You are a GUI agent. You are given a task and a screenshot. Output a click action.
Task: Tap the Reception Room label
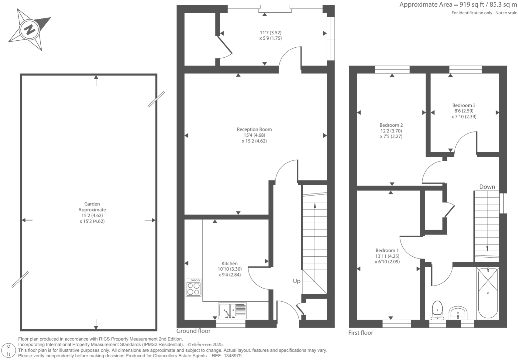pyautogui.click(x=254, y=129)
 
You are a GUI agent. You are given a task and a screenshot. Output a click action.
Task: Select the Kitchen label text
pyautogui.click(x=229, y=263)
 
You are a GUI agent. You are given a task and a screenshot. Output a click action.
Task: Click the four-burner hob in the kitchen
pyautogui.click(x=194, y=288)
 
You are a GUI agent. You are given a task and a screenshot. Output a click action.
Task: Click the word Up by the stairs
pyautogui.click(x=297, y=281)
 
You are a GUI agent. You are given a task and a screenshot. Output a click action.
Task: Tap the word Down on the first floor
pyautogui.click(x=487, y=187)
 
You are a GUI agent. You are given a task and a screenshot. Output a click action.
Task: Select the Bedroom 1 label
pyautogui.click(x=387, y=251)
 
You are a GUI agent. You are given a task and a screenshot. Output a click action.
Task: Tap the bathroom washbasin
pyautogui.click(x=458, y=313)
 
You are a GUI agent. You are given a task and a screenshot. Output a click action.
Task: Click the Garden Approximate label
pyautogui.click(x=92, y=207)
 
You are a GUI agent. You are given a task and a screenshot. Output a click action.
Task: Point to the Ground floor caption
pyautogui.click(x=193, y=331)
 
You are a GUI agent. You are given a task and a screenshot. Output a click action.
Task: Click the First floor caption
pyautogui.click(x=361, y=333)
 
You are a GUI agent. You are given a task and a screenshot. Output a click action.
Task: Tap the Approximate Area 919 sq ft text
pyautogui.click(x=458, y=5)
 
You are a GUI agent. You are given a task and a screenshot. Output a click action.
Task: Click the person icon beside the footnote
pyautogui.click(x=9, y=350)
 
